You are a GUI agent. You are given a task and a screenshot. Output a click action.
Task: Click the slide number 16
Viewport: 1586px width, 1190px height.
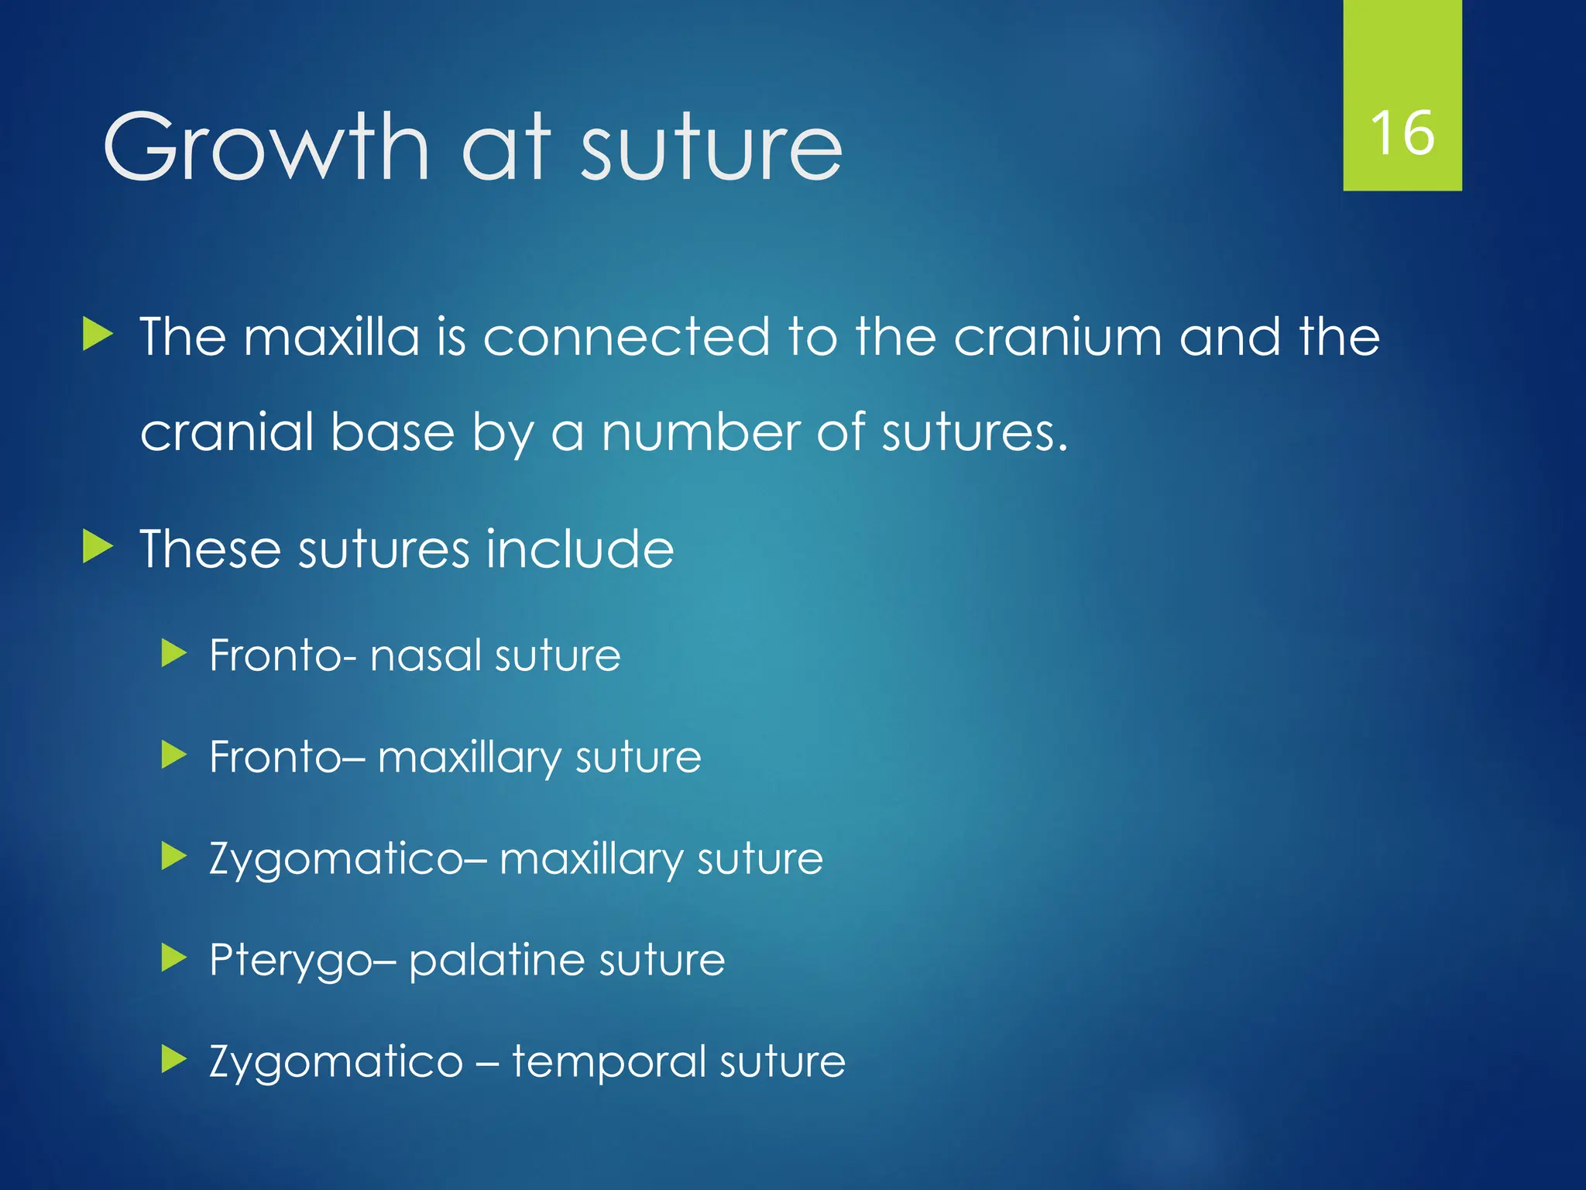pyautogui.click(x=1402, y=133)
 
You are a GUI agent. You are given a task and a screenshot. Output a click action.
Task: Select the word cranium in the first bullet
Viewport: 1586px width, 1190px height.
pyautogui.click(x=1058, y=338)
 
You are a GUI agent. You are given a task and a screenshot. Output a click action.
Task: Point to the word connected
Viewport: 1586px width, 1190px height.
pyautogui.click(x=627, y=338)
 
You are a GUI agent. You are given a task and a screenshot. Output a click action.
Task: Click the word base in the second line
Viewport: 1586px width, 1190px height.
pyautogui.click(x=393, y=432)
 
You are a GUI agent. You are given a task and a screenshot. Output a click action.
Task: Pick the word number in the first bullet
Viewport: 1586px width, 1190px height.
pyautogui.click(x=699, y=432)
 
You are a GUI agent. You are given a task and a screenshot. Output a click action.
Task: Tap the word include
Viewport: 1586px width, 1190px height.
pyautogui.click(x=580, y=549)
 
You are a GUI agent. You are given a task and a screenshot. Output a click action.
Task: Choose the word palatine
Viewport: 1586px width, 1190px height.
pyautogui.click(x=496, y=961)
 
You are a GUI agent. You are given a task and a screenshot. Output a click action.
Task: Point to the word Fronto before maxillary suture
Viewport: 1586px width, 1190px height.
pyautogui.click(x=274, y=757)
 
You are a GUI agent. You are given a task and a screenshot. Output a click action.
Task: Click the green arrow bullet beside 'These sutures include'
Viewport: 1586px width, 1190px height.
pyautogui.click(x=98, y=547)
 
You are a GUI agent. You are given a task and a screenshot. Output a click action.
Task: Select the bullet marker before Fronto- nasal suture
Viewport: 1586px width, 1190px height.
pyautogui.click(x=173, y=654)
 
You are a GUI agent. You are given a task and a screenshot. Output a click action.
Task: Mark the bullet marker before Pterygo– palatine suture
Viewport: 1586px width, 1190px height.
pyautogui.click(x=173, y=958)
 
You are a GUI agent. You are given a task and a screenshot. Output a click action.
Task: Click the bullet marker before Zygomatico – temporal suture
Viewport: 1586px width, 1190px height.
pyautogui.click(x=173, y=1059)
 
